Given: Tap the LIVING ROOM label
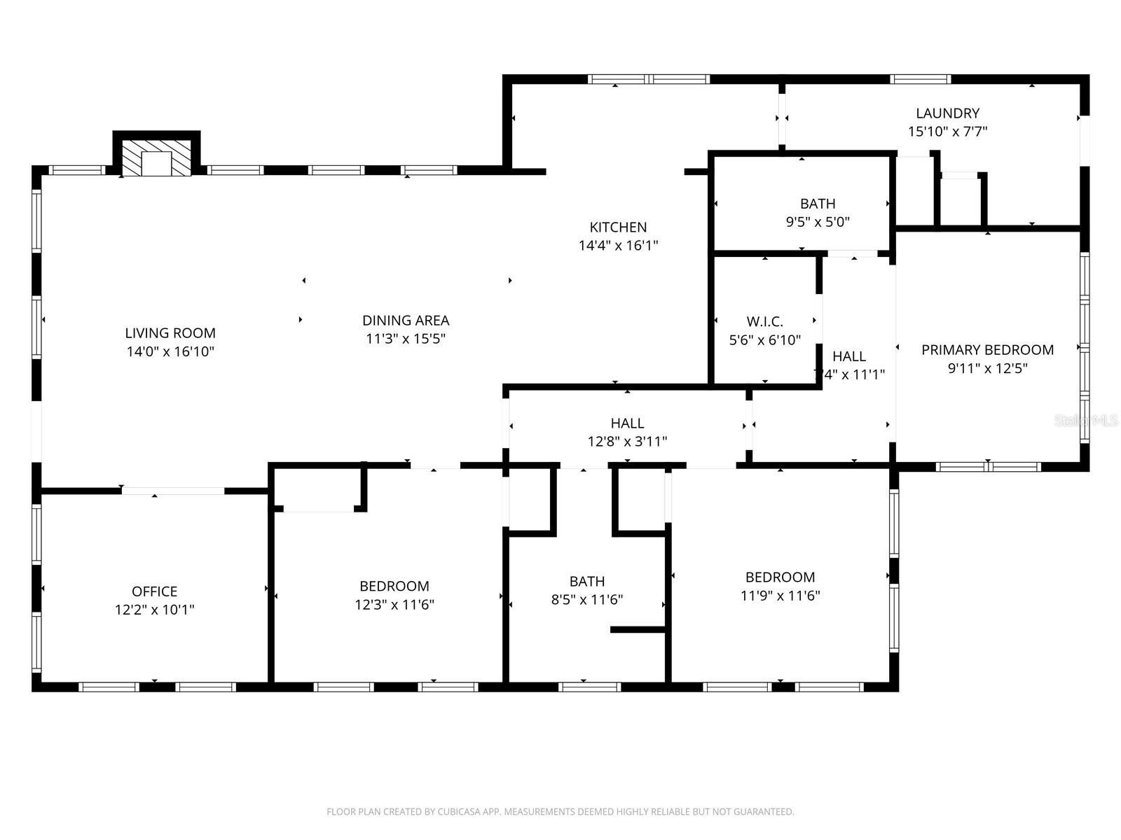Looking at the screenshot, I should click(170, 333).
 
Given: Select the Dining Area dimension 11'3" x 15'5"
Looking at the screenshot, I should click(406, 339).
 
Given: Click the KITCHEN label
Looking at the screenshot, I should click(618, 227).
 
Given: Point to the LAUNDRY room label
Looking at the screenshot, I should click(947, 113).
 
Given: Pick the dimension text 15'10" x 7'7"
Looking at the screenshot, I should click(947, 131).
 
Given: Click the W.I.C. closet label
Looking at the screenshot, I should click(764, 321).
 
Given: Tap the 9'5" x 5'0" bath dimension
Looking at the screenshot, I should click(818, 222).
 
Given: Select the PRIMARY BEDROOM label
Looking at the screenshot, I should click(987, 349).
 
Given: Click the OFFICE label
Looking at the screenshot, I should click(154, 591).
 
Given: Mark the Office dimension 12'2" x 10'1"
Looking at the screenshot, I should click(154, 610).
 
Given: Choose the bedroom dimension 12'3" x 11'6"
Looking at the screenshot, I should click(394, 605).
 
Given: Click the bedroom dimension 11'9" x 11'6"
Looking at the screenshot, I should click(780, 596).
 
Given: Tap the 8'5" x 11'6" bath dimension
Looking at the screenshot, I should click(587, 600).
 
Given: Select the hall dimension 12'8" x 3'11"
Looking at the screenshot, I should click(627, 442).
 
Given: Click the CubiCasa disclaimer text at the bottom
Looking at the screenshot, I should click(560, 812).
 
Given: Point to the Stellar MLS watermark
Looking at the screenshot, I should click(1086, 420).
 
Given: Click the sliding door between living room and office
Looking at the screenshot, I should click(172, 491).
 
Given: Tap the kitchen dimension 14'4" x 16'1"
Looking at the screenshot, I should click(618, 246).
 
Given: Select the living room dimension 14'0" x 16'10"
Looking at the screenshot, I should click(170, 351).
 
